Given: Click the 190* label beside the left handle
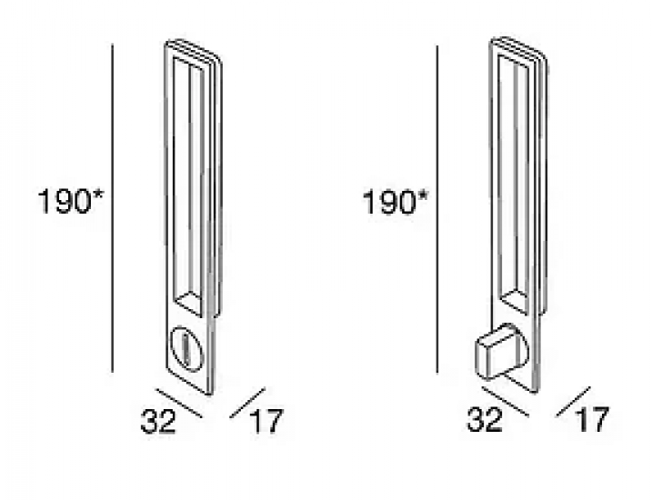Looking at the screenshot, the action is (x=70, y=201).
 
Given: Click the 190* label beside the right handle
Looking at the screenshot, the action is (x=395, y=202).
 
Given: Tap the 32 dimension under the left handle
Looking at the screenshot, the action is (x=158, y=421).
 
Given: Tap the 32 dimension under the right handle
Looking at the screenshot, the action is (x=485, y=419).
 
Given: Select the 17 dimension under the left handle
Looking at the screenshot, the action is (x=266, y=421).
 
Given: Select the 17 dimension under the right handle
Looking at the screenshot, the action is (x=593, y=419).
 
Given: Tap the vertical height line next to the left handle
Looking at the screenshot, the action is (x=112, y=207).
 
